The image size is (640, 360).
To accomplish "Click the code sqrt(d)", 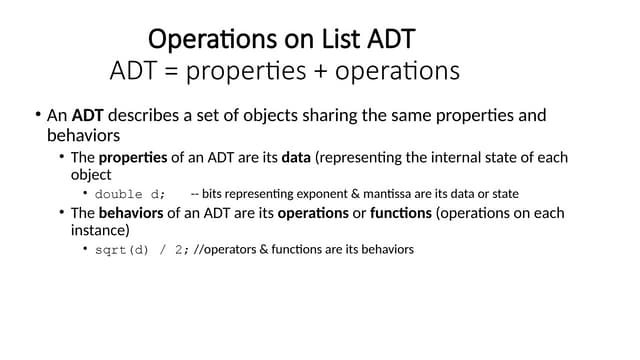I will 120,250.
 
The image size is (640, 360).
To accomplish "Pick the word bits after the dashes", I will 214,194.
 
